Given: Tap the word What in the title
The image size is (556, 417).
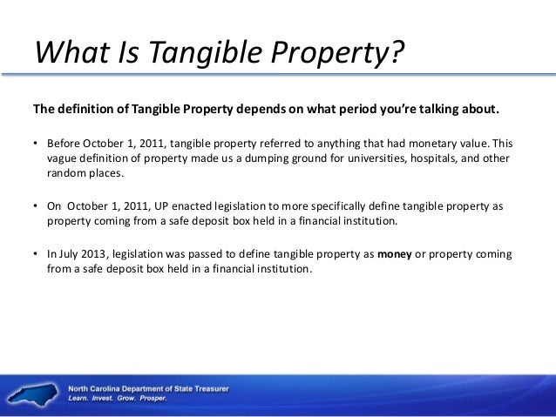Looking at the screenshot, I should [67, 54].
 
